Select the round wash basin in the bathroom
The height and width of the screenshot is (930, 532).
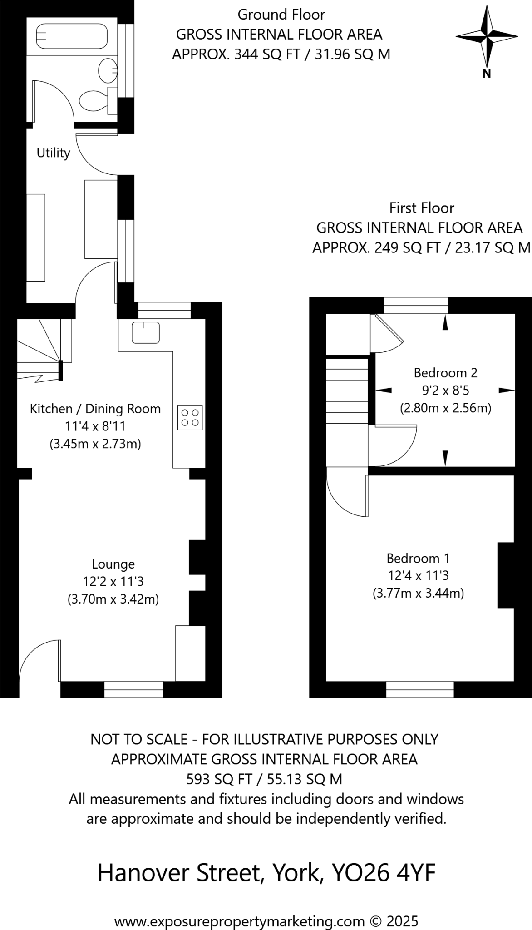pyautogui.click(x=108, y=70)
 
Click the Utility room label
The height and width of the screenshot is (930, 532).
pyautogui.click(x=54, y=153)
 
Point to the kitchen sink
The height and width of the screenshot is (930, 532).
pyautogui.click(x=145, y=332)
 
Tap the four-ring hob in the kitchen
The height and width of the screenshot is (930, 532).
pyautogui.click(x=190, y=417)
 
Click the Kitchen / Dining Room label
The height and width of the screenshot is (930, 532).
pyautogui.click(x=95, y=409)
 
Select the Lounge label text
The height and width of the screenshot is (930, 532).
pyautogui.click(x=113, y=564)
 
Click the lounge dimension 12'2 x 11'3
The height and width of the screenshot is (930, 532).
pyautogui.click(x=113, y=581)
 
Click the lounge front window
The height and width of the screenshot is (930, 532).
pyautogui.click(x=134, y=689)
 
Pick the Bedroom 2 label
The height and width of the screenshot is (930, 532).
pyautogui.click(x=446, y=373)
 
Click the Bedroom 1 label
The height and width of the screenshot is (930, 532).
pyautogui.click(x=419, y=558)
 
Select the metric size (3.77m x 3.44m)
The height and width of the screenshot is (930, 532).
pyautogui.click(x=419, y=593)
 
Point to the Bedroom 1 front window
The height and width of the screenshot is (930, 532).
pyautogui.click(x=420, y=689)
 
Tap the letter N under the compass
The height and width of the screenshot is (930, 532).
pyautogui.click(x=487, y=74)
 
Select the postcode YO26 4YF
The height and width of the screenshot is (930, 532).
pyautogui.click(x=384, y=872)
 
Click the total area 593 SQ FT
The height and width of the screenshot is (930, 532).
pyautogui.click(x=219, y=779)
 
